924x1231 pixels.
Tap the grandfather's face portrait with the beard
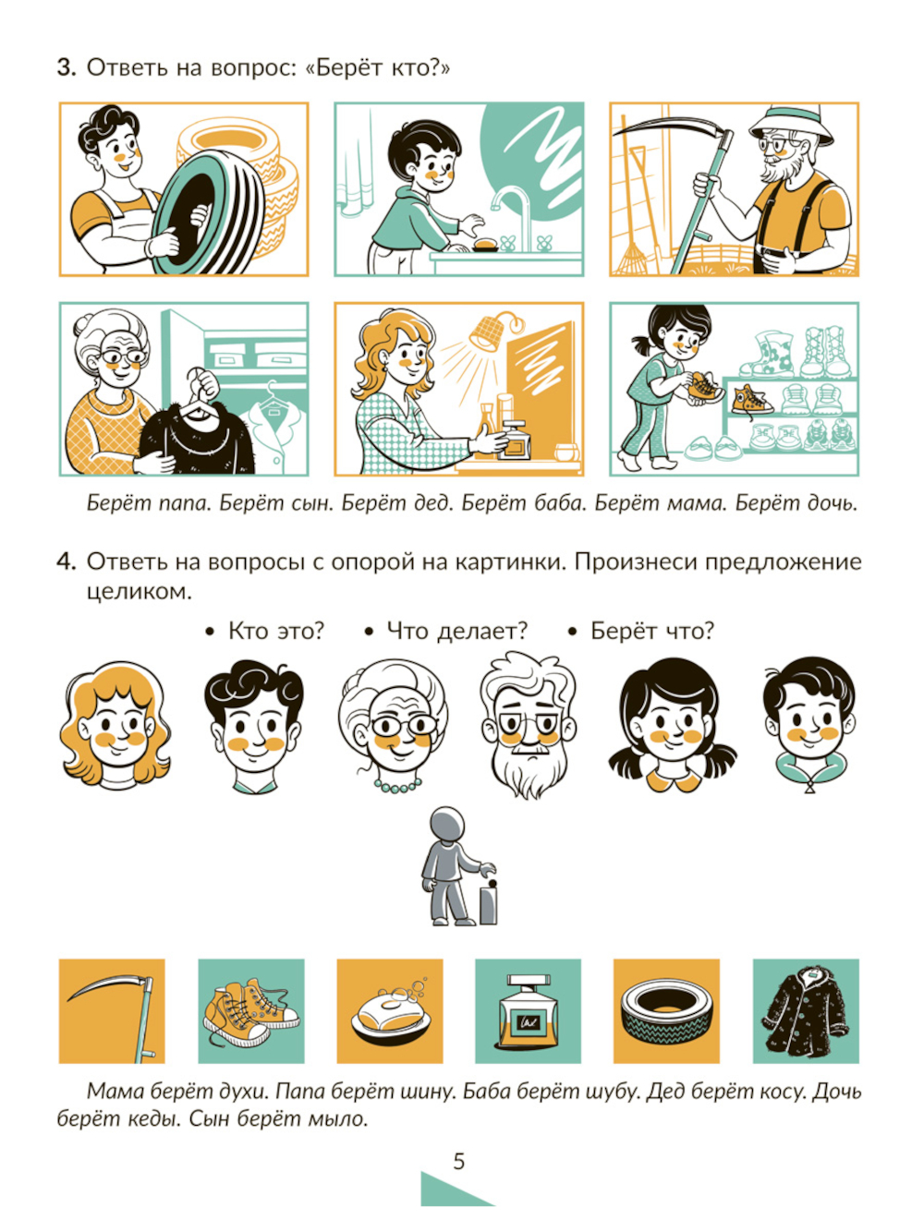pyautogui.click(x=528, y=724)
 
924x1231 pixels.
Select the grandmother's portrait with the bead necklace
pyautogui.click(x=393, y=725)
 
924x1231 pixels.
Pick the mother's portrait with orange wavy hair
pyautogui.click(x=115, y=725)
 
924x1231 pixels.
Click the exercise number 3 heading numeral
pyautogui.click(x=67, y=68)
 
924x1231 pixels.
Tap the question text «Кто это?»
pyautogui.click(x=276, y=632)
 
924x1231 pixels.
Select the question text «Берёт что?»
pyautogui.click(x=652, y=632)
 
